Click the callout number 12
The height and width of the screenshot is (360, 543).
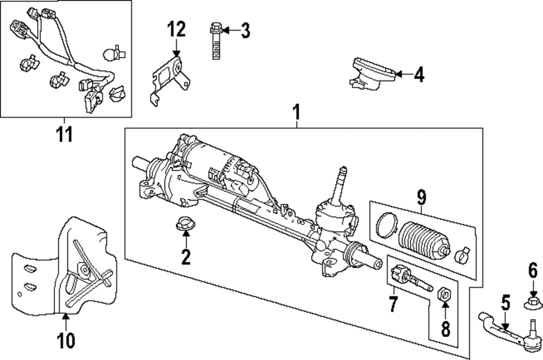click(x=176, y=28)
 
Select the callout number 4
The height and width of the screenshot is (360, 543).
click(x=418, y=74)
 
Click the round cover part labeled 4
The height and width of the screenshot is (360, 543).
click(x=371, y=72)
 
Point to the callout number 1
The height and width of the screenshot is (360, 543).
click(x=295, y=112)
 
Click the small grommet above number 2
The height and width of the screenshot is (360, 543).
click(x=185, y=224)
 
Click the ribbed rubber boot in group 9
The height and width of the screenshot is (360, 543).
click(x=424, y=241)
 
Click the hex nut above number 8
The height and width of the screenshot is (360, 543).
click(x=445, y=293)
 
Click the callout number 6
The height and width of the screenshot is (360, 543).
click(x=532, y=271)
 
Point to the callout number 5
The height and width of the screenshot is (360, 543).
click(x=505, y=303)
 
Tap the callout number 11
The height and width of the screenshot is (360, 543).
click(x=64, y=136)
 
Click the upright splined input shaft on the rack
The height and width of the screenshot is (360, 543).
click(x=342, y=184)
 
